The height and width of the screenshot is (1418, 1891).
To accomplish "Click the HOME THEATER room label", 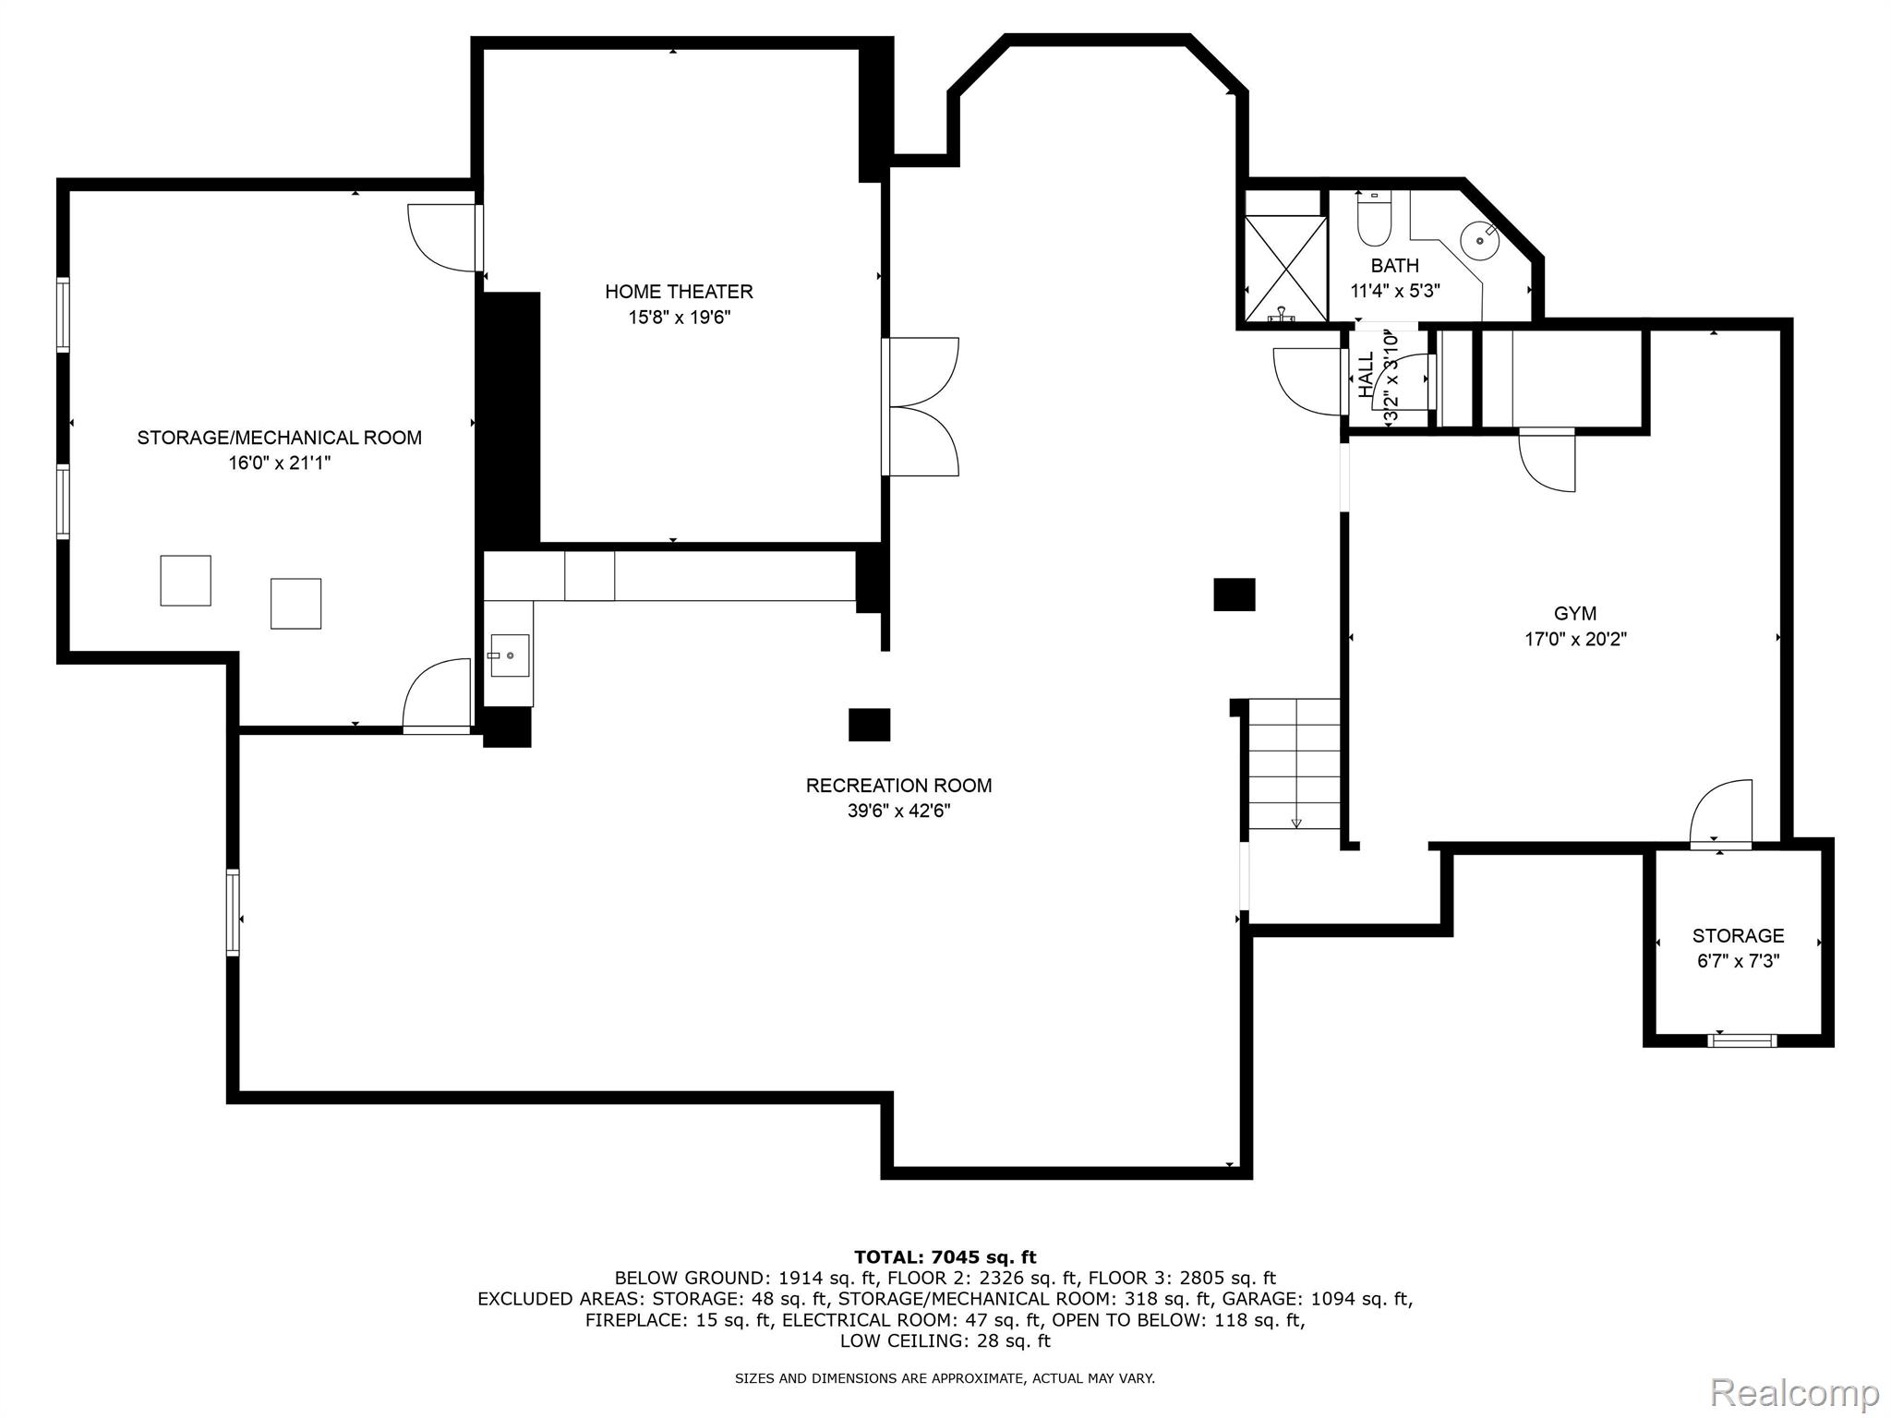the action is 679,292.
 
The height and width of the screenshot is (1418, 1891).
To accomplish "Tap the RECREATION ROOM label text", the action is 898,786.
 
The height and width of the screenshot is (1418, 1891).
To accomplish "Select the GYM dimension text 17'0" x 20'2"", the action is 1575,639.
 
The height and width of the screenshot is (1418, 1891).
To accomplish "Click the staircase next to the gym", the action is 1294,763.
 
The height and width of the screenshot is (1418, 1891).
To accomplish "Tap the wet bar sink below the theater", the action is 509,655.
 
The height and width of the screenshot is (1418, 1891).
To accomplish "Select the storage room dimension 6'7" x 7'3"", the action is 1739,961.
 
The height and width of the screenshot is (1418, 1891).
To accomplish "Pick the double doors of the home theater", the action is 921,407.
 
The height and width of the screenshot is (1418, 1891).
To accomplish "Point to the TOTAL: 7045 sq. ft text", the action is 945,1257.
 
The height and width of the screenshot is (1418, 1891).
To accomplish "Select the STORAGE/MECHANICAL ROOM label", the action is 280,438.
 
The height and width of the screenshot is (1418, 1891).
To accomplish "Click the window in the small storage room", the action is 1742,1040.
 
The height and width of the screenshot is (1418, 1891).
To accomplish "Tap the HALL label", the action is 1367,374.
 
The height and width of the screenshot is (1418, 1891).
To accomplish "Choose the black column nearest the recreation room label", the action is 869,725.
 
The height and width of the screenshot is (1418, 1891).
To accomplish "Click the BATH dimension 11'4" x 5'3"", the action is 1395,291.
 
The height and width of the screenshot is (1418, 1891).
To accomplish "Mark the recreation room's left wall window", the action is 233,912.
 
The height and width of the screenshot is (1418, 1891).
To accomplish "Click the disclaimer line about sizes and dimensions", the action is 945,1378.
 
